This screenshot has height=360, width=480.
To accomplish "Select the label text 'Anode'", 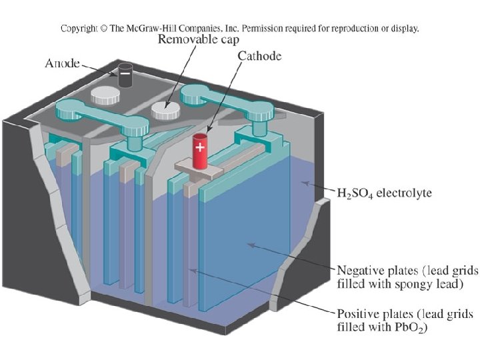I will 62,64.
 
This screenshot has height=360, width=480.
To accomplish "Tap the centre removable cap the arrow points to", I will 163,109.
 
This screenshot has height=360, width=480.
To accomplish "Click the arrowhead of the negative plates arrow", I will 248,245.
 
